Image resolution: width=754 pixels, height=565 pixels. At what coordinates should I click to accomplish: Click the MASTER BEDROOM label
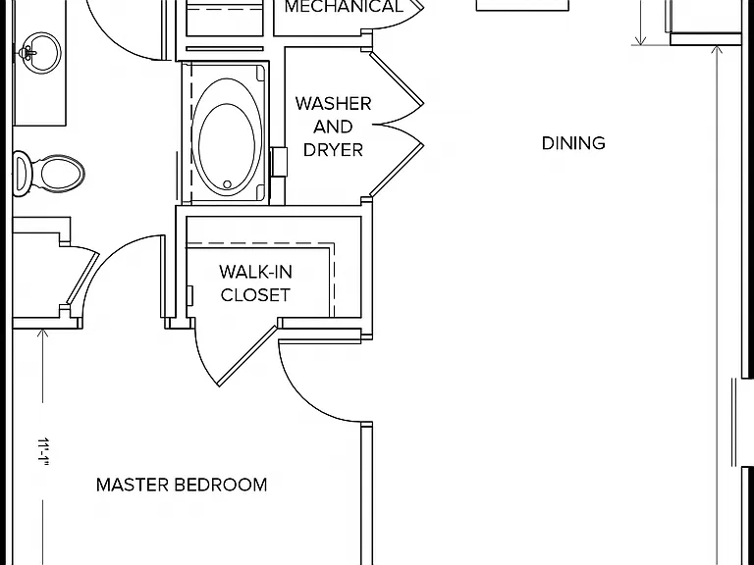click(182, 485)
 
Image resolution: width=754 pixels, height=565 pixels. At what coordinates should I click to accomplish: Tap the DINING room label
click(573, 143)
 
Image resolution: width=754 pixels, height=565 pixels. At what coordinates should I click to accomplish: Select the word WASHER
click(333, 104)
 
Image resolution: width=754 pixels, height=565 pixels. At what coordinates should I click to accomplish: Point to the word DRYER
click(333, 150)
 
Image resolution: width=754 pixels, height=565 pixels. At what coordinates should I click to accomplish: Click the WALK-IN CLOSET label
click(256, 283)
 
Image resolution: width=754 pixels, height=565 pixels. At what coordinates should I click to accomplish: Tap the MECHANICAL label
click(344, 7)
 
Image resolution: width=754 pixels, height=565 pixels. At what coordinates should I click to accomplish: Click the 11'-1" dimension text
click(44, 451)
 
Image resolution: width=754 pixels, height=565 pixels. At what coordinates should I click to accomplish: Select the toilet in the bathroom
click(48, 173)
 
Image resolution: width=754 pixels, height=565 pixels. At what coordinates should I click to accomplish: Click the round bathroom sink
click(40, 53)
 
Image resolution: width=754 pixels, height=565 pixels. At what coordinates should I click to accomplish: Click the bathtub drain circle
click(228, 184)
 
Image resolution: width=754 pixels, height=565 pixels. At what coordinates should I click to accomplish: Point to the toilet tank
click(21, 174)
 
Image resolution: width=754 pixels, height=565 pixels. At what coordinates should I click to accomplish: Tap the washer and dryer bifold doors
click(397, 124)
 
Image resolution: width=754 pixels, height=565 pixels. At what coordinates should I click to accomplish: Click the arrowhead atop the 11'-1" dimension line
click(43, 334)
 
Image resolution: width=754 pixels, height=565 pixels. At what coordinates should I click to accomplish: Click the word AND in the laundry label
click(333, 127)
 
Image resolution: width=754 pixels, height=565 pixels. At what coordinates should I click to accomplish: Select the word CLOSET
click(256, 295)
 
